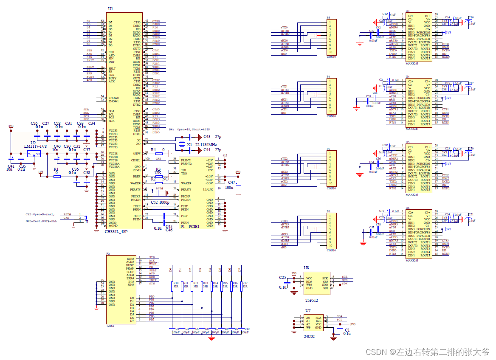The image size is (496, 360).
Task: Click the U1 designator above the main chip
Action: click(110, 9)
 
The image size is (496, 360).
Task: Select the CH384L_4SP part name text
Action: click(116, 232)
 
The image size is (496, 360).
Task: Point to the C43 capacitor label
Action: click(207, 137)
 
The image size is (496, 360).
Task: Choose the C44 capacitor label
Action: click(207, 150)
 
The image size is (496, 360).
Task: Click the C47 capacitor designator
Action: click(231, 182)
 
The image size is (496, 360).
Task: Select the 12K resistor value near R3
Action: click(158, 173)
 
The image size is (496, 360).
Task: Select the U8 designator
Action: click(306, 268)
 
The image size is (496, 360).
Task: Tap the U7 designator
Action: click(308, 311)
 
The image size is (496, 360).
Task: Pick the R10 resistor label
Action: click(175, 283)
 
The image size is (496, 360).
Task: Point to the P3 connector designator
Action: click(328, 18)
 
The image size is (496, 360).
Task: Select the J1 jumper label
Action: click(87, 222)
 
